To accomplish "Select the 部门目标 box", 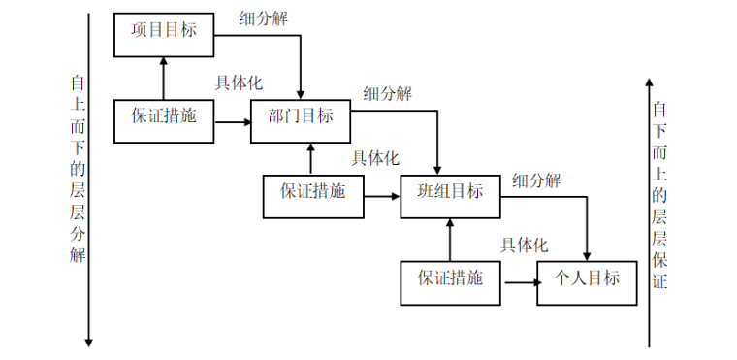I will [x=300, y=118].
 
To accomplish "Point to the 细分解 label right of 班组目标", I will [x=537, y=180].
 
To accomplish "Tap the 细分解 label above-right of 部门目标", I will [x=388, y=94].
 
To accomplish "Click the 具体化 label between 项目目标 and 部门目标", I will [x=239, y=84].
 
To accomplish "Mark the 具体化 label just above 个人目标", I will [x=525, y=245].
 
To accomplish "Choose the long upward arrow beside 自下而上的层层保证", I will [x=649, y=213].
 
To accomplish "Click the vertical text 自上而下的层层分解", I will [x=77, y=170].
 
